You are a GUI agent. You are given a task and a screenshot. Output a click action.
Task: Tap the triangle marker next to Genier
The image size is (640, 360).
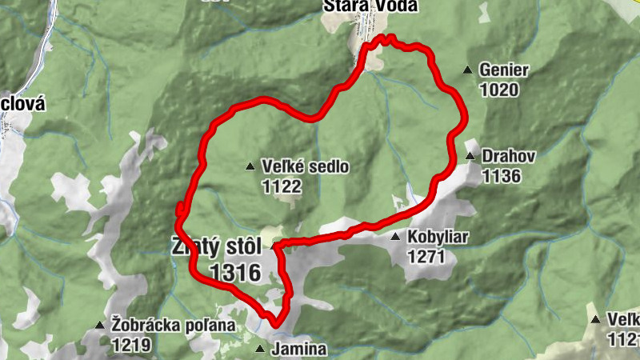pos(468,70)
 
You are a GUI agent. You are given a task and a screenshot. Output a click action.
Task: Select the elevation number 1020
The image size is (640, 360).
pos(500,90)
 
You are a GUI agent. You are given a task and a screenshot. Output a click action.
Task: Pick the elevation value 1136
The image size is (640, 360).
pos(501,174)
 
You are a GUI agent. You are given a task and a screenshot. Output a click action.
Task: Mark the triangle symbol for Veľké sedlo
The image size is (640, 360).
pos(250,167)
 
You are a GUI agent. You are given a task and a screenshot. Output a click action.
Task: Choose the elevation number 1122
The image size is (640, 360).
pos(281,186)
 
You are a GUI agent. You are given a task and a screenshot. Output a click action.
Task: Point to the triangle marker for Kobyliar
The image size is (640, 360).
pos(395,238)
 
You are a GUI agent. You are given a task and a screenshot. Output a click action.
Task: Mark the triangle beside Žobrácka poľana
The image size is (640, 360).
pos(99,326)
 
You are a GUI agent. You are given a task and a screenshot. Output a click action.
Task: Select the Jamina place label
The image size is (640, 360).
pos(299,350)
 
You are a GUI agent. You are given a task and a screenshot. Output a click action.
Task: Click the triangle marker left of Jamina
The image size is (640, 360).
pos(259,350)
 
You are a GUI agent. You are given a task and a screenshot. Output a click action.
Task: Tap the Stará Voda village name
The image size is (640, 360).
pos(357,6)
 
